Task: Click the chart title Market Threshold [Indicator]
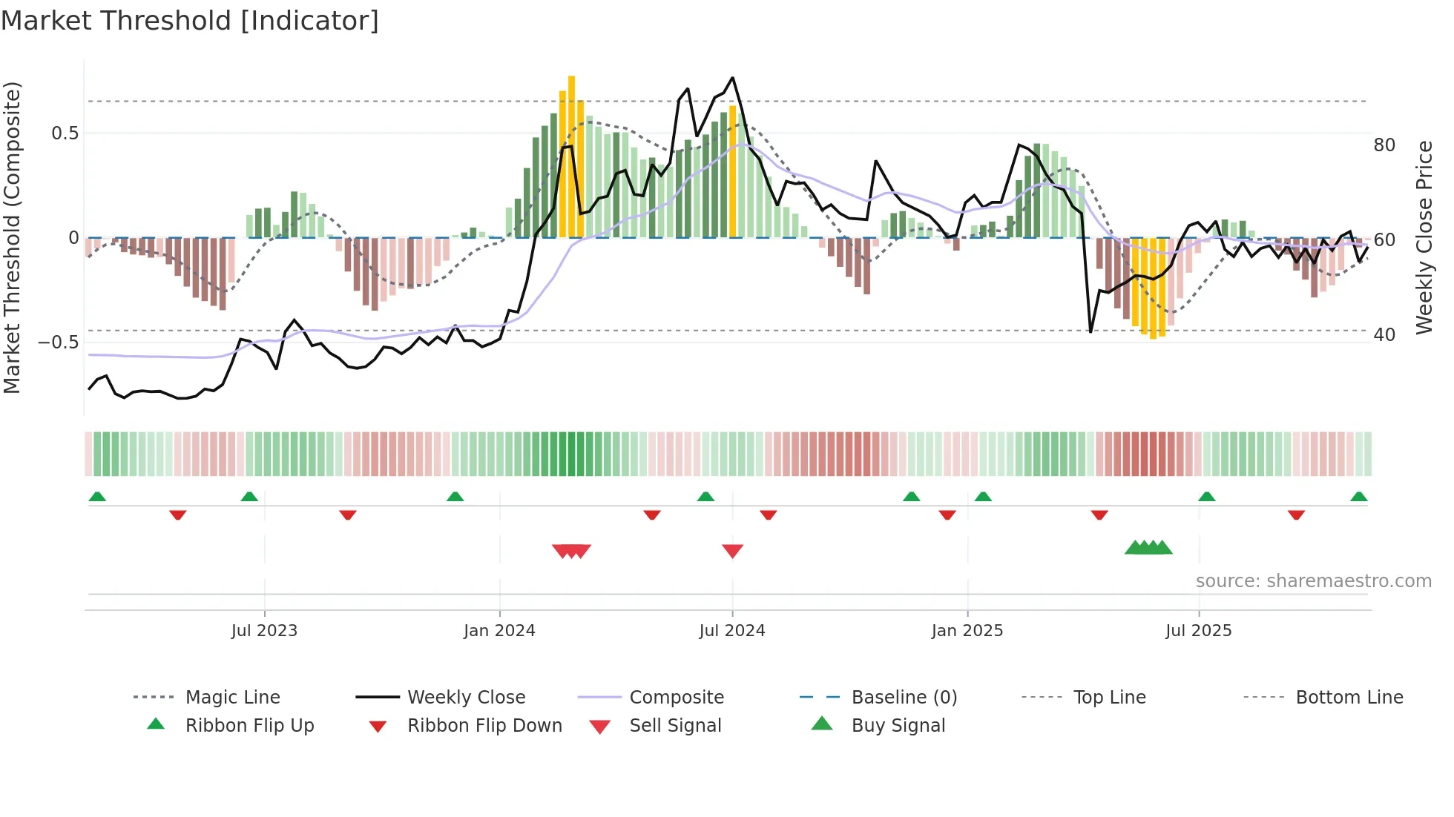[x=190, y=21]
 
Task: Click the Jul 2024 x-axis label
[x=731, y=631]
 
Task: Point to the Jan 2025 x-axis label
[x=967, y=631]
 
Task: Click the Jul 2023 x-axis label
[x=264, y=631]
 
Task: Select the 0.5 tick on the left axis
[x=65, y=133]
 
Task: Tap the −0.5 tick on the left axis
[x=59, y=343]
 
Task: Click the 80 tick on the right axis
[x=1384, y=145]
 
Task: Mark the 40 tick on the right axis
[x=1384, y=335]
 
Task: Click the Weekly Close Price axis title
[x=1424, y=237]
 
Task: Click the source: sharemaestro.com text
[x=1313, y=581]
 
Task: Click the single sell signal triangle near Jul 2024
[x=732, y=551]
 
